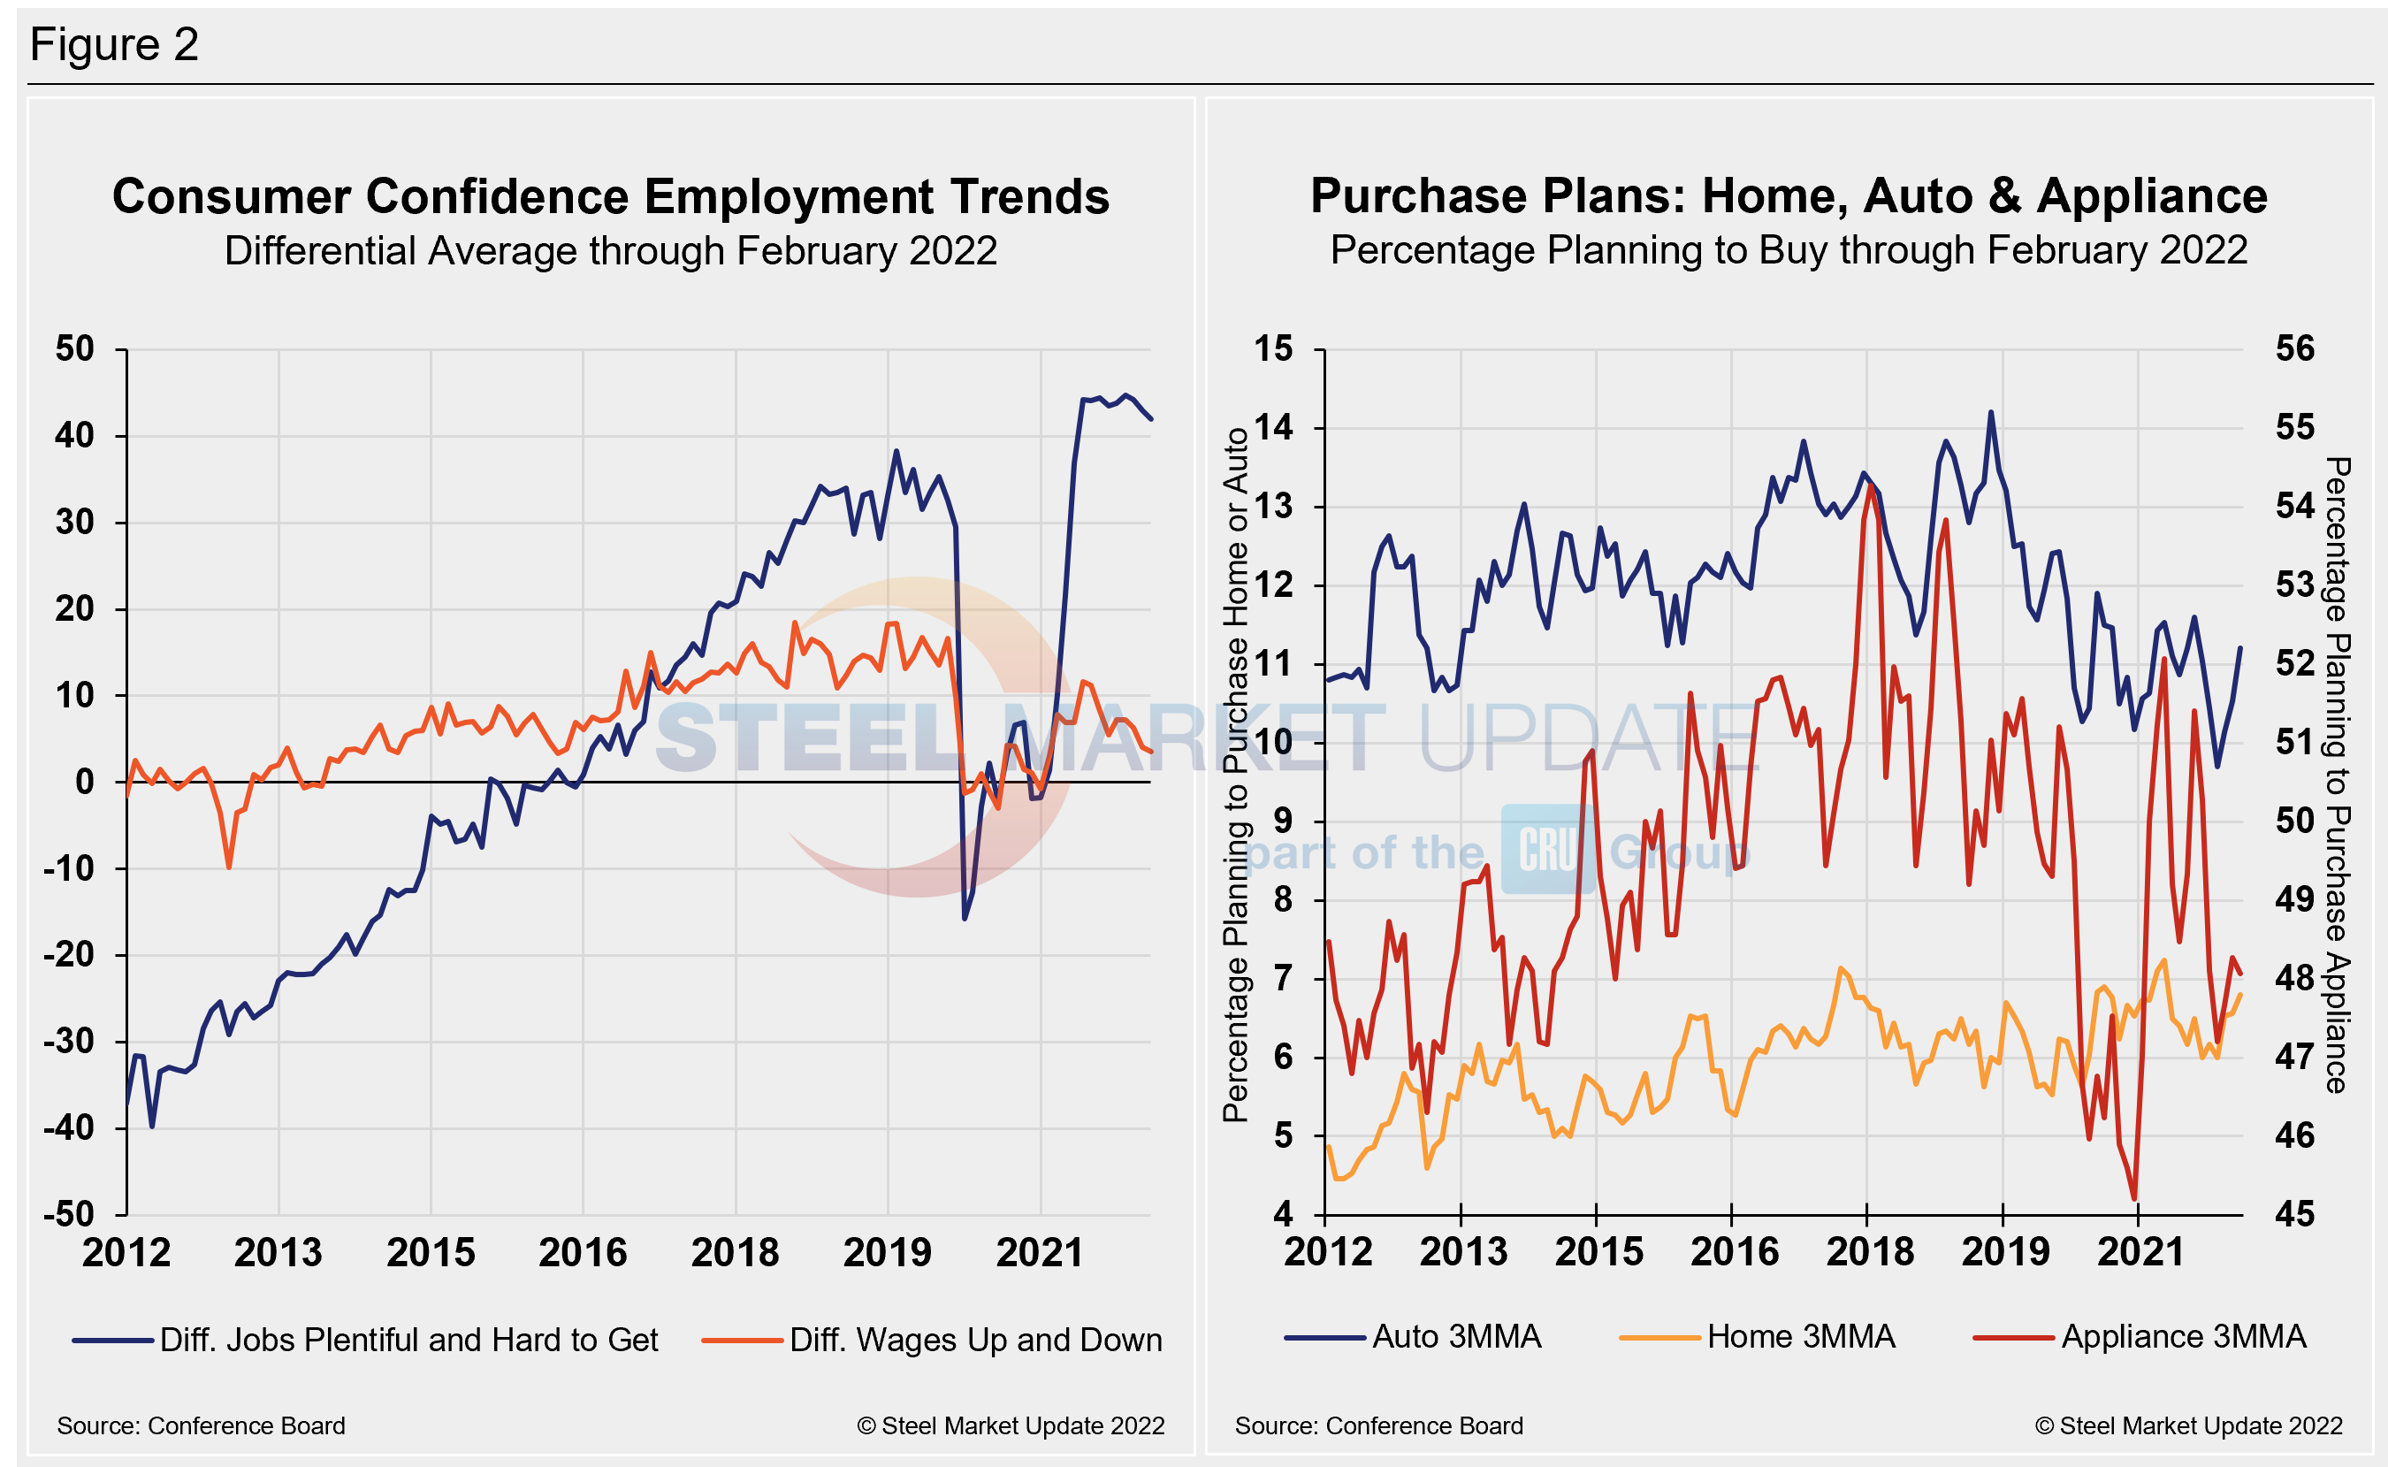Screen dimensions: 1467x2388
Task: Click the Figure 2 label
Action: (x=114, y=44)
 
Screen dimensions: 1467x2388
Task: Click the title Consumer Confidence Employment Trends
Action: (x=610, y=197)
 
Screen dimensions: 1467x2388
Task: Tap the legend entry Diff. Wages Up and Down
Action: (x=975, y=1340)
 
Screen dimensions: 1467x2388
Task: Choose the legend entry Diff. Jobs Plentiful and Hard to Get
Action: (x=408, y=1340)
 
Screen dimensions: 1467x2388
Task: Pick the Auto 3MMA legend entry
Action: (x=1455, y=1337)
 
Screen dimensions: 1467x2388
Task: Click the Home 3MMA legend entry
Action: (x=1800, y=1337)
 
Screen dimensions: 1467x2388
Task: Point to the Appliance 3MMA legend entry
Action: (x=2182, y=1337)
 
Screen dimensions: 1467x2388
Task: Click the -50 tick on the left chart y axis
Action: (x=69, y=1214)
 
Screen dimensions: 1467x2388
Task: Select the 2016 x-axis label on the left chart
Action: (x=582, y=1253)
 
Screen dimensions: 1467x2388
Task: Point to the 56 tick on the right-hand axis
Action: (x=2295, y=348)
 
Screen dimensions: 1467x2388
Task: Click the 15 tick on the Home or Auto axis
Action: (x=1272, y=348)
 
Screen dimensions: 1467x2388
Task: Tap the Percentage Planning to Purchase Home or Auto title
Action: (x=1235, y=776)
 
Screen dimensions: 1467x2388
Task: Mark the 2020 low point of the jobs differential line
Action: (x=964, y=918)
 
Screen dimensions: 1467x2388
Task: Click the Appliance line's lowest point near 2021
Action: (x=2135, y=1199)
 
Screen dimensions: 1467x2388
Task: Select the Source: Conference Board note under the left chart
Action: (x=201, y=1425)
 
